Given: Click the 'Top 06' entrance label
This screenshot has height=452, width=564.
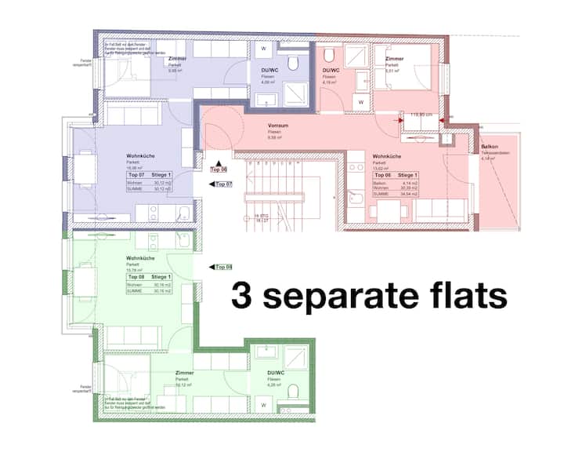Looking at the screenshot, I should pos(219,169).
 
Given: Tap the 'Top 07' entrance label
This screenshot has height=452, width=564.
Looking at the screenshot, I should pos(224,184).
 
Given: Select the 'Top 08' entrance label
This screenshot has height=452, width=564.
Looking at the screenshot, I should pos(224,267).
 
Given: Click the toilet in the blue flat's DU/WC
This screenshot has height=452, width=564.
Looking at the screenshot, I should pos(294,63).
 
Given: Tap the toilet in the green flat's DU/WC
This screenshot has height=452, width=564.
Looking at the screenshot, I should pos(294,392).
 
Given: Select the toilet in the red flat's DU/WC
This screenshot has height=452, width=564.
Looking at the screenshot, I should pos(330,55).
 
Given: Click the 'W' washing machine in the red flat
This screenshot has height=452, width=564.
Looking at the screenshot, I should pos(361,102).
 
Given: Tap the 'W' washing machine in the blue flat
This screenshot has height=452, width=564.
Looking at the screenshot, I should pos(263,47).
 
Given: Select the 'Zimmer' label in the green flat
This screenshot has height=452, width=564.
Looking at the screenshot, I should pos(185,373).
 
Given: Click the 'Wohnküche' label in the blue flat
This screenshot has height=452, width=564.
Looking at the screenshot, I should pos(118,156).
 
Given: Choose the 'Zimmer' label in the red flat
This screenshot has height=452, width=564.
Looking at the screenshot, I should pos(394,59).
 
